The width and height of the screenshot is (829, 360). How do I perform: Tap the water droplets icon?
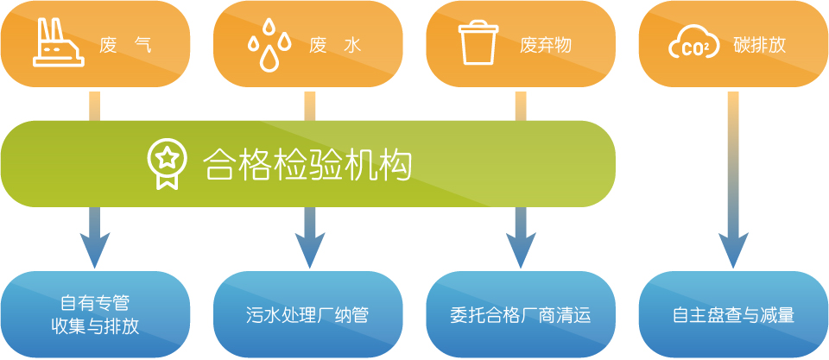click(x=269, y=44)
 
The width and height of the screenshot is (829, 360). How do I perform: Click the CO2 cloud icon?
click(x=693, y=44)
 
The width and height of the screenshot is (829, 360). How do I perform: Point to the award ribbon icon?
click(x=167, y=163)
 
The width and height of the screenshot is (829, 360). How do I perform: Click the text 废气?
click(x=126, y=46)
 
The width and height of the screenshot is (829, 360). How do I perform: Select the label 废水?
click(x=335, y=46)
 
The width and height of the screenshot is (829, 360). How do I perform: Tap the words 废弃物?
click(x=546, y=46)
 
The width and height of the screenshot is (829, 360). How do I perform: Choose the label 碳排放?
click(x=759, y=46)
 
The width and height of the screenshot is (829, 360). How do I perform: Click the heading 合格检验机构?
click(x=307, y=164)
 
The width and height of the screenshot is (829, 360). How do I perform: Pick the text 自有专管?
click(x=95, y=304)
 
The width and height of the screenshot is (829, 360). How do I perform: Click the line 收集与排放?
click(x=95, y=326)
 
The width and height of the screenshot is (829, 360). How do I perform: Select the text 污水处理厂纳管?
click(x=307, y=316)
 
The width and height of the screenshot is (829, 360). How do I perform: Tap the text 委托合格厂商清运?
click(x=521, y=316)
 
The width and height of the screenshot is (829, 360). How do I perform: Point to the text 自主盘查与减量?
click(x=734, y=316)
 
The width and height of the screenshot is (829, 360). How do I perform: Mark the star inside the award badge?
click(x=167, y=156)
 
